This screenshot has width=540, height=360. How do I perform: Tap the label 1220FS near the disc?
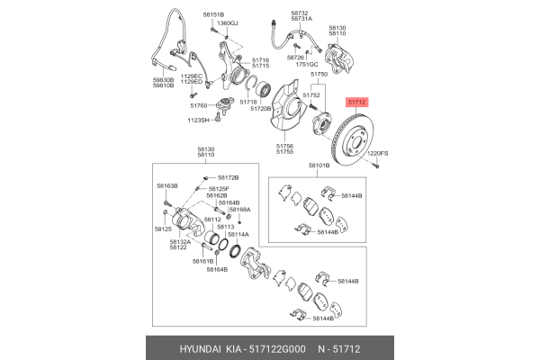(379, 154)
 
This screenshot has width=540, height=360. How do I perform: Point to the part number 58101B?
(319, 166)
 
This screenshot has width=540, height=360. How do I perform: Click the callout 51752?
(311, 94)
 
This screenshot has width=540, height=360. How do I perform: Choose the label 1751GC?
(308, 65)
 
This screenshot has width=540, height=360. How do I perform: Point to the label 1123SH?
(197, 120)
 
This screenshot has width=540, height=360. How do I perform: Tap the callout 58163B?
(167, 185)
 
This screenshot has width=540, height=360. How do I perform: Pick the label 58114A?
(238, 234)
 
